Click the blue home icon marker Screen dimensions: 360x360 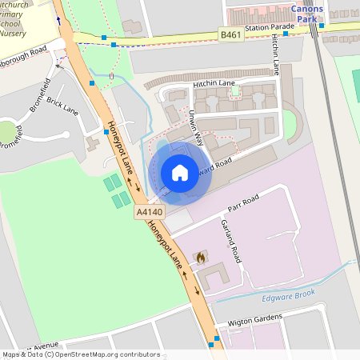pyautogui.click(x=180, y=173)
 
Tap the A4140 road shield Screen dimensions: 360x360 pyautogui.click(x=149, y=212)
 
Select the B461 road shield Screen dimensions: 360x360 pyautogui.click(x=230, y=34)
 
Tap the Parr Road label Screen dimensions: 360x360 pyautogui.click(x=243, y=198)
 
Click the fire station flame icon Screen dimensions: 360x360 pyautogui.click(x=201, y=258)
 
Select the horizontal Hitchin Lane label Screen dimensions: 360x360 pyautogui.click(x=213, y=83)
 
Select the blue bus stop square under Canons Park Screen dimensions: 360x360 pyautogui.click(x=322, y=26)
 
